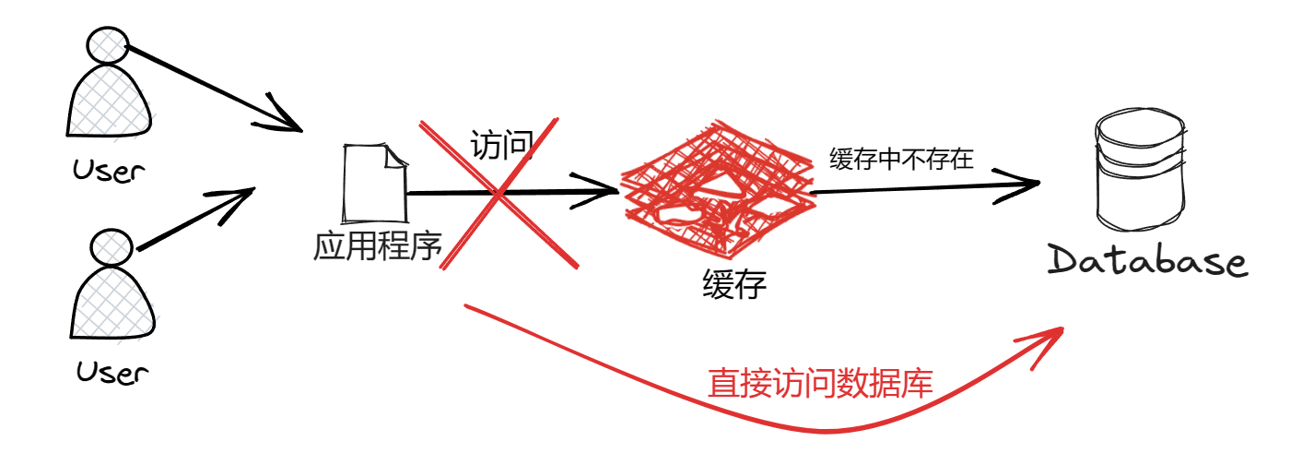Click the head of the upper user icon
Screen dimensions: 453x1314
coord(107,44)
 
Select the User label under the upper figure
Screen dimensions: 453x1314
coord(109,171)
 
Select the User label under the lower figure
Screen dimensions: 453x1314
coord(111,373)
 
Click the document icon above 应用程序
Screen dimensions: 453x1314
coord(374,185)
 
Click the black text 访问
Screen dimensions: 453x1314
coord(502,145)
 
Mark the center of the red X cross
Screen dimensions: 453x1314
coord(499,195)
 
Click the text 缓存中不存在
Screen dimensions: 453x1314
coord(901,159)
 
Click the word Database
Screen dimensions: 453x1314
coord(1148,261)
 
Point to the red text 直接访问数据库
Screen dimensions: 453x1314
coord(820,383)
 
